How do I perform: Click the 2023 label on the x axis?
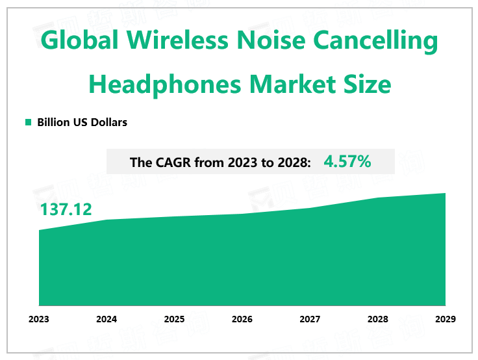click(39, 319)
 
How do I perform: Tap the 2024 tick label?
click(107, 319)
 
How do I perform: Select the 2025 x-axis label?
click(174, 319)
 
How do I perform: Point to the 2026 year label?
click(242, 319)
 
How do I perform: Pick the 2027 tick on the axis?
click(310, 319)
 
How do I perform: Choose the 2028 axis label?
click(377, 319)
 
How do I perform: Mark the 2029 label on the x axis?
click(446, 319)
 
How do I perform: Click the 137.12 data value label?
click(66, 209)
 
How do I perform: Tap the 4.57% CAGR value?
click(347, 162)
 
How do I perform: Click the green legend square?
click(28, 122)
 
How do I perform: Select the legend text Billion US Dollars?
click(82, 122)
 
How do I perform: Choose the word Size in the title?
click(367, 84)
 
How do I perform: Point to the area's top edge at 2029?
click(446, 193)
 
